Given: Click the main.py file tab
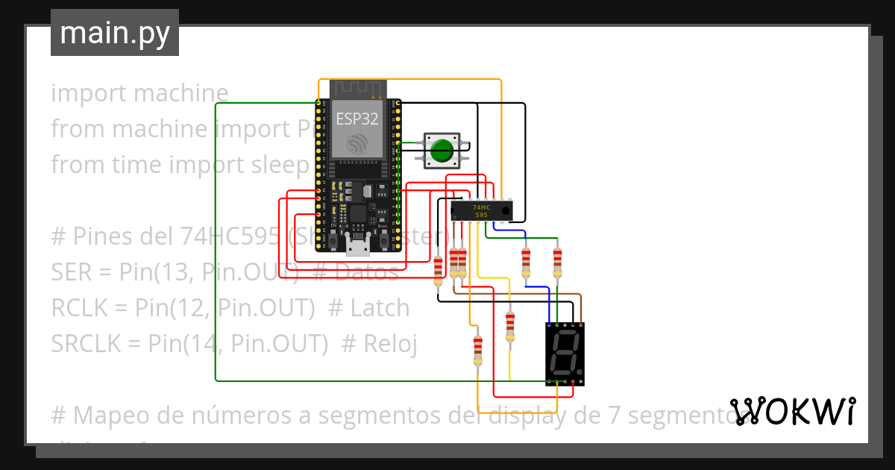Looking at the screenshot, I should (115, 34).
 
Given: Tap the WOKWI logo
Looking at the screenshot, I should (793, 411).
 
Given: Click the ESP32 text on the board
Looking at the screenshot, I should (357, 119).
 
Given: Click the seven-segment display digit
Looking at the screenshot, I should (565, 354).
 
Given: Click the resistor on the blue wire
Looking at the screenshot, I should (526, 260).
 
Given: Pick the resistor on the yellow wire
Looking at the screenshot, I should (510, 325).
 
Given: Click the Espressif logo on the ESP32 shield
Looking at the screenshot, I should (357, 143).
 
